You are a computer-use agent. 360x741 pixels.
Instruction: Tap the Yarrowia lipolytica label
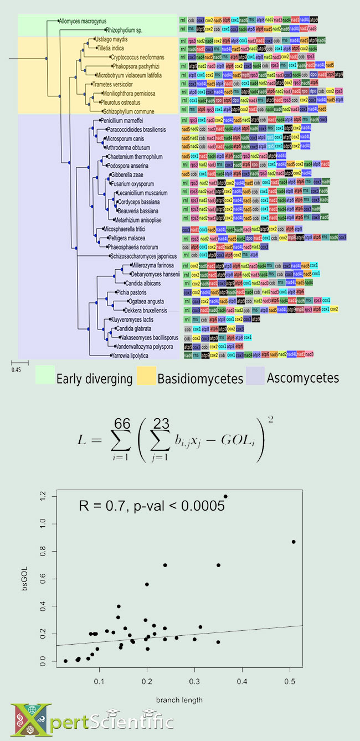(x=132, y=355)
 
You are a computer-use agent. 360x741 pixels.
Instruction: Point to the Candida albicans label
(x=145, y=283)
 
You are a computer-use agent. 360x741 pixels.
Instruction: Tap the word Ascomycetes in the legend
(x=303, y=378)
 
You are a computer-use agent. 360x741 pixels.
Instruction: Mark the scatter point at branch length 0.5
(x=294, y=542)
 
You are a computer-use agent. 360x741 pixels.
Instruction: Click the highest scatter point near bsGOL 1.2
(x=225, y=496)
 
